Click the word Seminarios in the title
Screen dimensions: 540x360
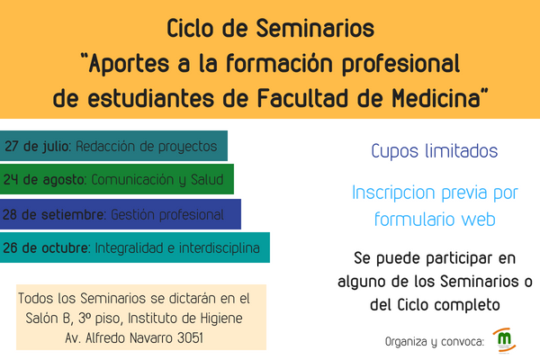(x=315, y=28)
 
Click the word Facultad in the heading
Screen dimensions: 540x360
(x=303, y=98)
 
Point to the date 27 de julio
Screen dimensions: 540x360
(x=37, y=147)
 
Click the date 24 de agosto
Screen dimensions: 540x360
(x=44, y=180)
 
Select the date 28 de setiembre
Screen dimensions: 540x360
(x=53, y=214)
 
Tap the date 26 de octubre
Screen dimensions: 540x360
(x=46, y=248)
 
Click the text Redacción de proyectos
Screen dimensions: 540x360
(x=147, y=147)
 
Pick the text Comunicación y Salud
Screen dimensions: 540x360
(x=157, y=180)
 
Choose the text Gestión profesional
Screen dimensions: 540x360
(x=167, y=215)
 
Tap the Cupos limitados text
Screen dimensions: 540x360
(x=435, y=151)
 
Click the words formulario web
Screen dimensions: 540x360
(x=435, y=219)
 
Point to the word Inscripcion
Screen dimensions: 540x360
(x=393, y=193)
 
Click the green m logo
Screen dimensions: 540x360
(x=504, y=339)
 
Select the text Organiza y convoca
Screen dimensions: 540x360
(x=435, y=342)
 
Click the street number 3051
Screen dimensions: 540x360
(x=190, y=338)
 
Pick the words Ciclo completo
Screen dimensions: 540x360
(x=448, y=305)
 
